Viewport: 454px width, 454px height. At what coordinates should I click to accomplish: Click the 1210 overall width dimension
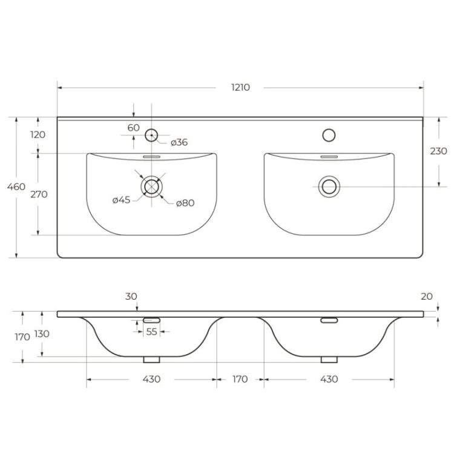[240, 87]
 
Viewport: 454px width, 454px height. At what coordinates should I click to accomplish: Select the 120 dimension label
[38, 134]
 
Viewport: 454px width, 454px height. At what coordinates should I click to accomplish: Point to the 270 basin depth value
[38, 194]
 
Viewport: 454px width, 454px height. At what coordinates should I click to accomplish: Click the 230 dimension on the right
[438, 151]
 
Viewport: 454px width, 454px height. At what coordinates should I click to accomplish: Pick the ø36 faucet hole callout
[179, 143]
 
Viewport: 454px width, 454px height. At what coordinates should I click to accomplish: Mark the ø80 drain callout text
[185, 203]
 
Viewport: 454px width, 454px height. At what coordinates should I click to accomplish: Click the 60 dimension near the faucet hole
[134, 128]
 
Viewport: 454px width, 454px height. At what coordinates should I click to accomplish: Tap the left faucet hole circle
[151, 135]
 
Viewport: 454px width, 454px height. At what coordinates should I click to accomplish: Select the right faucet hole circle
[329, 135]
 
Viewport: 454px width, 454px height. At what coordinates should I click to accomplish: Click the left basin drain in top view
[151, 186]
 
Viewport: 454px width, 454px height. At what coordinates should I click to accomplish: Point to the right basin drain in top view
[329, 186]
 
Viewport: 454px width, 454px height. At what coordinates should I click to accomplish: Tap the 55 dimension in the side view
[151, 332]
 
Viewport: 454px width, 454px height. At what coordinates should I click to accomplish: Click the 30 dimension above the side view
[132, 296]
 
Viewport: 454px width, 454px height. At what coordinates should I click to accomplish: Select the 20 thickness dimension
[427, 296]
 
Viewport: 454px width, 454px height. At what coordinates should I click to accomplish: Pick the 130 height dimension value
[42, 334]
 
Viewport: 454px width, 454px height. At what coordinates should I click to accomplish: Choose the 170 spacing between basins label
[240, 380]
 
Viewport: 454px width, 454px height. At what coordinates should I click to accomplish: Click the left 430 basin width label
[151, 380]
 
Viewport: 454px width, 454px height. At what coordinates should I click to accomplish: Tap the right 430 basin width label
[329, 380]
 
